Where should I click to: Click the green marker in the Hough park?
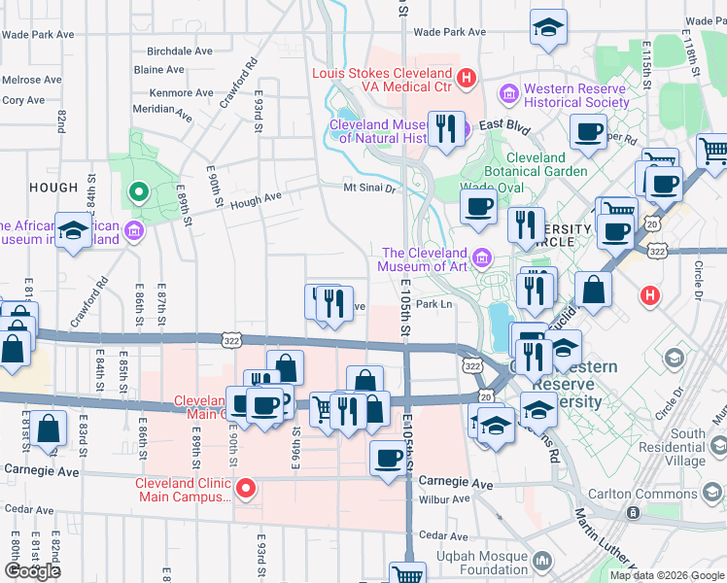(x=138, y=191)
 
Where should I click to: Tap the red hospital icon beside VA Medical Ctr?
(x=467, y=76)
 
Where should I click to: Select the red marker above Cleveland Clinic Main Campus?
(x=247, y=489)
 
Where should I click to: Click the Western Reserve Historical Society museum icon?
(x=508, y=94)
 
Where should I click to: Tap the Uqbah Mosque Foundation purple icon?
(x=542, y=563)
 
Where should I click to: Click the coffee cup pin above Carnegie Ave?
(x=388, y=457)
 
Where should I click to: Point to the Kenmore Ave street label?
(x=182, y=93)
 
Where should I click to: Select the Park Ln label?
(x=434, y=304)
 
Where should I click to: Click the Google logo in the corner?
(x=32, y=570)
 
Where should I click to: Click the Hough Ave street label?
(x=258, y=197)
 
